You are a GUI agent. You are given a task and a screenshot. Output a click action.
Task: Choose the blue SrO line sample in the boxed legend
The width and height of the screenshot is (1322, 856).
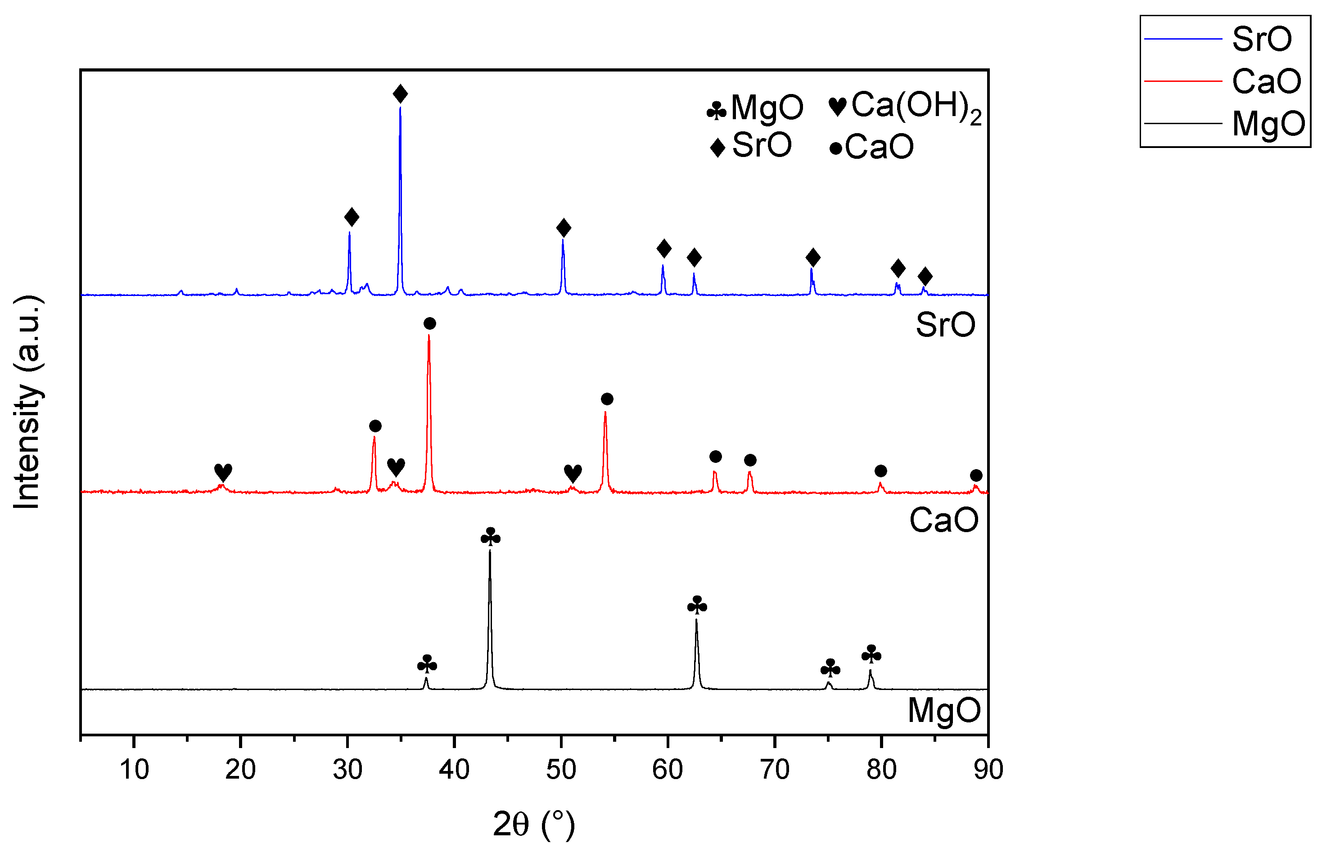1183,39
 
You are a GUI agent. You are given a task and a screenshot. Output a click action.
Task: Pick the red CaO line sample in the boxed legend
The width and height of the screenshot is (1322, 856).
1183,81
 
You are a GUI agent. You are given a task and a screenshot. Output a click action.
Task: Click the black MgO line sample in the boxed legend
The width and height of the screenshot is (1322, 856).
1183,123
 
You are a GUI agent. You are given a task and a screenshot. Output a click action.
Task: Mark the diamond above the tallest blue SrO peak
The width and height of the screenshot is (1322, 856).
400,94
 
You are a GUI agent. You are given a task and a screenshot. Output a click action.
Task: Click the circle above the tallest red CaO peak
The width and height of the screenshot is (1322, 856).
429,323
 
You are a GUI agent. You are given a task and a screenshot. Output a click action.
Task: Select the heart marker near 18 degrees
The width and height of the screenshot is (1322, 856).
223,472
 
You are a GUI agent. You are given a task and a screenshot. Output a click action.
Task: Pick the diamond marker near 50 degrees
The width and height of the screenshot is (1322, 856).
563,228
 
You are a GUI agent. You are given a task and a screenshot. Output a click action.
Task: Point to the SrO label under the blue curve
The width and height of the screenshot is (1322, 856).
945,325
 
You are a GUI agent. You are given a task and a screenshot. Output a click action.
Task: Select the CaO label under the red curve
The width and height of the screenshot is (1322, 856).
944,520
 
